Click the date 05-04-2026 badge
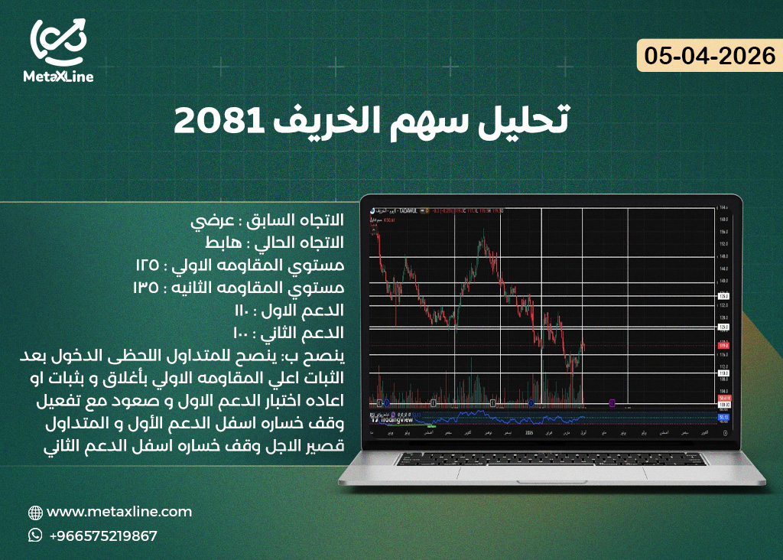710,57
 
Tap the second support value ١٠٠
247,334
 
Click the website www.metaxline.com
119,512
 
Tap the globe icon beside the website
35,513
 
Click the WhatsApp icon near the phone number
35,536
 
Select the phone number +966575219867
103,536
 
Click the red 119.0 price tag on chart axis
723,346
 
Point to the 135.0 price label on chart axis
723,295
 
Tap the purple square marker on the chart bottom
612,402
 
